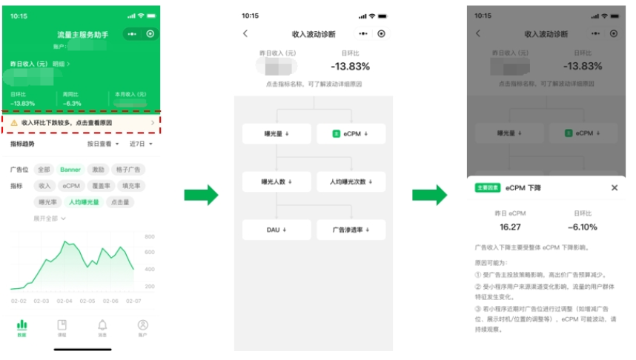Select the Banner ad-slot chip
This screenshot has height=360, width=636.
(70, 170)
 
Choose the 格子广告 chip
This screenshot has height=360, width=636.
(129, 170)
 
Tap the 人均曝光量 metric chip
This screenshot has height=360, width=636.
(84, 202)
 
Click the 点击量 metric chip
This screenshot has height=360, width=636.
(120, 202)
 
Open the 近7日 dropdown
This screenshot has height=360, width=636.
(141, 144)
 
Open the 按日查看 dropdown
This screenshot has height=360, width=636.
(102, 144)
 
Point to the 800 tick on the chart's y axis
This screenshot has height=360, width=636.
(149, 237)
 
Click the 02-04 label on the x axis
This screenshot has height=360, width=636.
(64, 301)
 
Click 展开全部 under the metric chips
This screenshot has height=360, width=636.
(49, 219)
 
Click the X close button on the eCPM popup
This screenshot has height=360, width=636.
(615, 188)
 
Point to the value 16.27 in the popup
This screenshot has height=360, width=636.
(510, 227)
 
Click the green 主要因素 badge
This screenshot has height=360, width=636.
(487, 188)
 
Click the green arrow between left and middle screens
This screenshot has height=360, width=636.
(201, 196)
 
